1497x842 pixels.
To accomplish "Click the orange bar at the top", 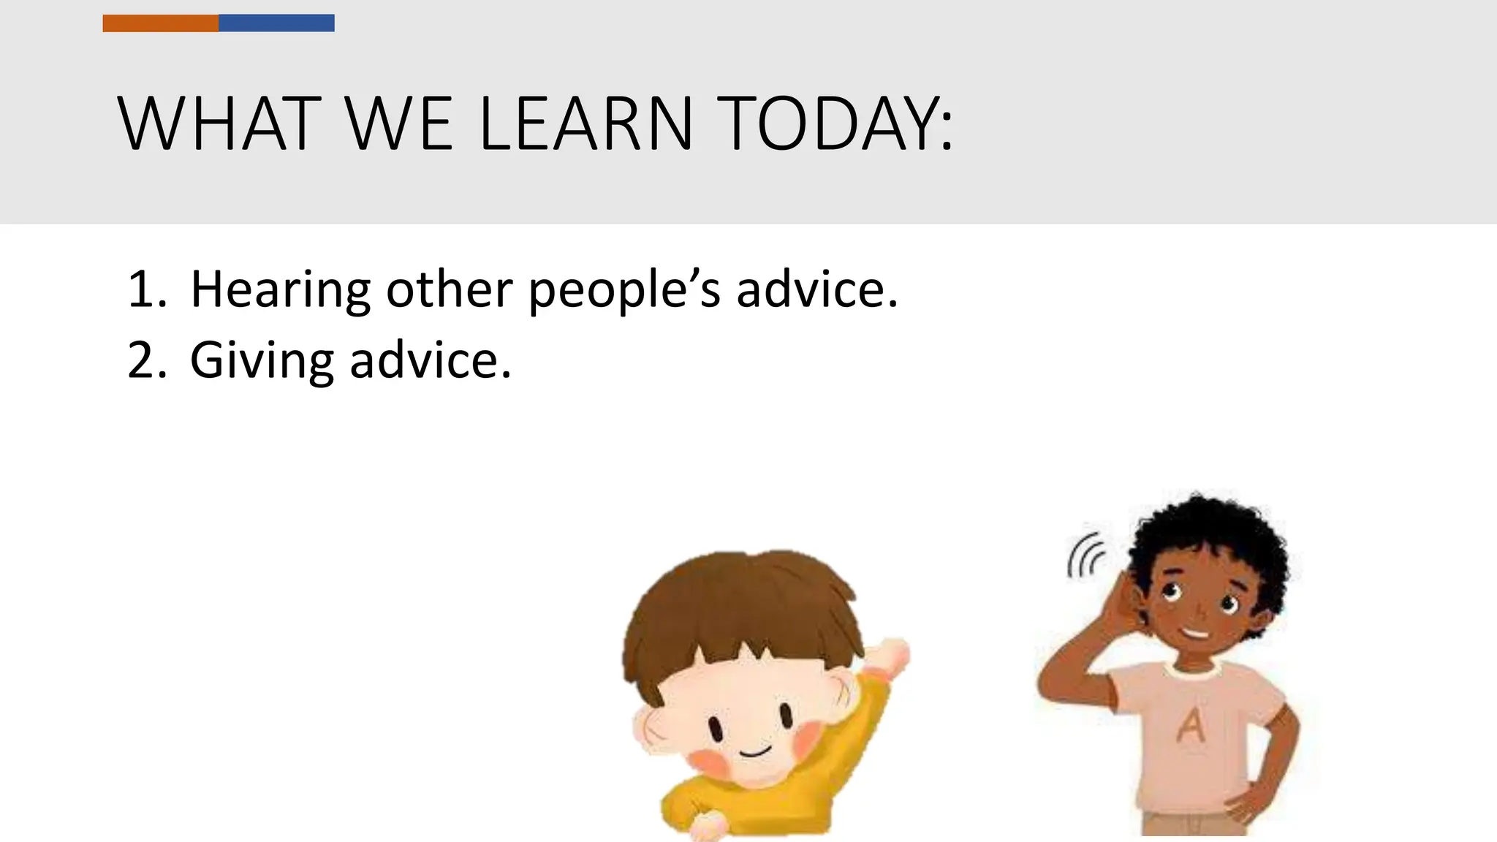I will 160,23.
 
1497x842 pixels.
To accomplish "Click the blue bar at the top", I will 276,23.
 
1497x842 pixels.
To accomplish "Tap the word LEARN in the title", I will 585,124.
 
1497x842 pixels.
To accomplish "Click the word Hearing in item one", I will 280,291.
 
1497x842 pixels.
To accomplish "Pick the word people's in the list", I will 624,291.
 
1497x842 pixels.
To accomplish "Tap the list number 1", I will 144,289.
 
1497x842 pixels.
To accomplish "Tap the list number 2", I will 144,360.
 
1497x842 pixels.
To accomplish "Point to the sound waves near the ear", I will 1086,555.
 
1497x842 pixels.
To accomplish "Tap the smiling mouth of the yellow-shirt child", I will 754,751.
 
